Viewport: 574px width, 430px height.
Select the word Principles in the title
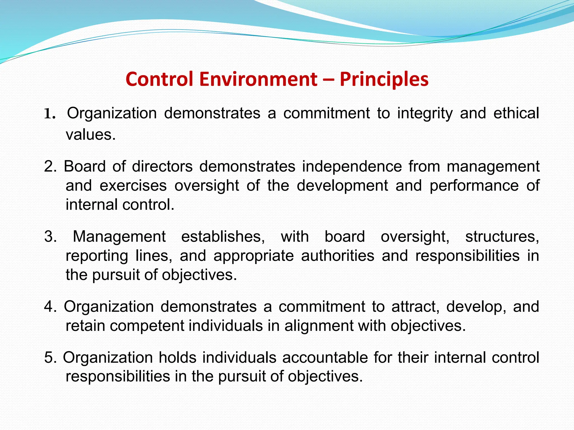(384, 80)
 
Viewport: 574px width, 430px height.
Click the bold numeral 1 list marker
(48, 114)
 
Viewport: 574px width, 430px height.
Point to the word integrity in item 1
(425, 114)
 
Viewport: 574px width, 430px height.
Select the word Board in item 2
(84, 167)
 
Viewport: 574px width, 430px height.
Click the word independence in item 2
(352, 167)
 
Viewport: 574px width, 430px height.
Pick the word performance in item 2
(474, 186)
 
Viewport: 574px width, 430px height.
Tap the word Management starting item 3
(119, 237)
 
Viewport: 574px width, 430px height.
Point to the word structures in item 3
(502, 237)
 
